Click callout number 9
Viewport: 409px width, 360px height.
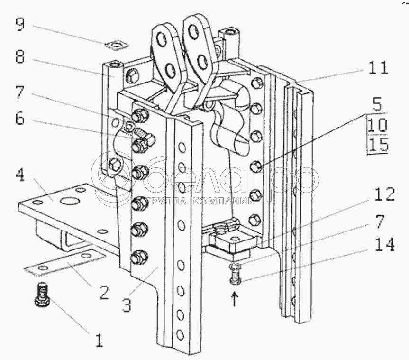[20, 25]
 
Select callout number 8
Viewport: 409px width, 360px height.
[20, 56]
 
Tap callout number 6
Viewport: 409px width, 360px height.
[20, 118]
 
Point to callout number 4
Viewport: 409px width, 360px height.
[20, 175]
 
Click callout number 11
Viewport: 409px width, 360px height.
[378, 68]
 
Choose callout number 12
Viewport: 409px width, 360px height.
[384, 194]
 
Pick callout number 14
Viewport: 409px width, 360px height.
[384, 245]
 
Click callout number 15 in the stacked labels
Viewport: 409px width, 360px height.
[379, 144]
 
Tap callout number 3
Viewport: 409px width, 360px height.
[127, 305]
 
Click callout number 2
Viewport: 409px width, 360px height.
[104, 292]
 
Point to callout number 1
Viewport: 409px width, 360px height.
[100, 340]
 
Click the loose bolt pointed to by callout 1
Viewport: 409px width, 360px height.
[42, 295]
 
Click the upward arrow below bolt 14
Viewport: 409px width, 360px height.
[235, 299]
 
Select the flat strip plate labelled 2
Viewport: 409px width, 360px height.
[65, 262]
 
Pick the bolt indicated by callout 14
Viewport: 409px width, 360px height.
[235, 274]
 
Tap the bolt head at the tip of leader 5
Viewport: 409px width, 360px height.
[256, 166]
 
